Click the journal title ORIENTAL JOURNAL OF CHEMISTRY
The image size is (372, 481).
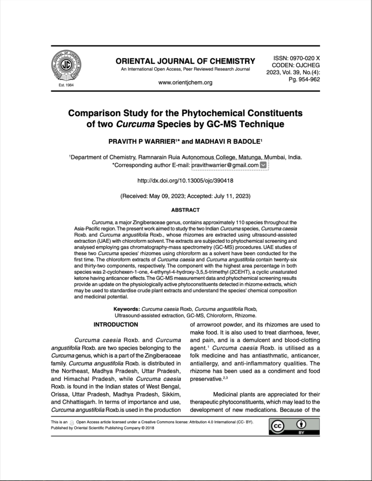pos(185,61)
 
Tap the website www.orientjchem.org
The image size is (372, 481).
pos(185,83)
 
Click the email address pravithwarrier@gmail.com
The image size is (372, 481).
pos(225,165)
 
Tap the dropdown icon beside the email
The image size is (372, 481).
pos(263,165)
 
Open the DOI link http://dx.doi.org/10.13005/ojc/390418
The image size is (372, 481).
pos(185,180)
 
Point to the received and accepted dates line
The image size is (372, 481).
pos(185,195)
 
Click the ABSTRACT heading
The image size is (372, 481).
pos(185,210)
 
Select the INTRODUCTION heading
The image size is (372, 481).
pos(116,325)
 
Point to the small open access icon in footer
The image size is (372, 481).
pos(72,422)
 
